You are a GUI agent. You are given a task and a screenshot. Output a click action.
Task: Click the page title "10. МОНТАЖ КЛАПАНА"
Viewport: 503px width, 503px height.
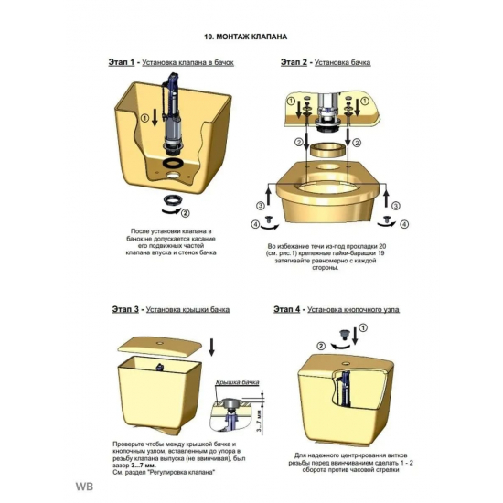point(246,37)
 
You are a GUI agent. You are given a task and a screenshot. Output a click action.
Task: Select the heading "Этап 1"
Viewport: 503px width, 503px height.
point(122,62)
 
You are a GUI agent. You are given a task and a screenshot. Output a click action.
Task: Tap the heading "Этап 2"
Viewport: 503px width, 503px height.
point(294,62)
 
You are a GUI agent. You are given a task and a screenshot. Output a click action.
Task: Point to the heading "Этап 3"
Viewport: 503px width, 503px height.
point(125,309)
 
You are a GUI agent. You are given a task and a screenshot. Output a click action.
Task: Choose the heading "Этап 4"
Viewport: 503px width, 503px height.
point(287,309)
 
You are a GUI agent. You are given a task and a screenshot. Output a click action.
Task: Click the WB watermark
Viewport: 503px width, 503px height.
point(84,487)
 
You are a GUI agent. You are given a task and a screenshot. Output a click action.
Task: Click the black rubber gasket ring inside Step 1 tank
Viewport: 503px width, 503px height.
point(173,163)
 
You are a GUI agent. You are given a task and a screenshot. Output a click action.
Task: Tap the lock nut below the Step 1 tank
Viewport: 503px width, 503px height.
point(173,199)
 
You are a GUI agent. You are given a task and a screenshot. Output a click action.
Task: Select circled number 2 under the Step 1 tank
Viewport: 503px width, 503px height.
point(186,213)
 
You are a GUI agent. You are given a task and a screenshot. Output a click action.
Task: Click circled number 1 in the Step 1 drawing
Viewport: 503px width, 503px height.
point(145,118)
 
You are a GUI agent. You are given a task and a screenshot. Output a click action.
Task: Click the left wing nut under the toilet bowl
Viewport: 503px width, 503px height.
point(269,219)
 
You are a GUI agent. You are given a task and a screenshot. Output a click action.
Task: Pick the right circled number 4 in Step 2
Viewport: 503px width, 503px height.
point(404,224)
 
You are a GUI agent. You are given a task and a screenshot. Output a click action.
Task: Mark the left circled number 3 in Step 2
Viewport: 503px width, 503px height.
point(260,206)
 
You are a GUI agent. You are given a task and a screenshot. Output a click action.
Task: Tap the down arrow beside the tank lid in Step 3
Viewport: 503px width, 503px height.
point(211,347)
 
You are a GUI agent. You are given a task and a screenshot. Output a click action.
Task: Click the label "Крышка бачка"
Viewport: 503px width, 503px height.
point(237,382)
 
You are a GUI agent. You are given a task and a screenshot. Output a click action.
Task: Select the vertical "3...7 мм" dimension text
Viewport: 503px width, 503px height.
point(259,421)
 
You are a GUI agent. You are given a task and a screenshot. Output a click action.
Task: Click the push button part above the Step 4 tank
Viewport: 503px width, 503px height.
point(345,335)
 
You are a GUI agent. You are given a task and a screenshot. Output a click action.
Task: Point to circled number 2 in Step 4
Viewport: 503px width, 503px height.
point(321,346)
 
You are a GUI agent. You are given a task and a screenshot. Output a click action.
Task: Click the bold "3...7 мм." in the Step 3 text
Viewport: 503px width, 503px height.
point(144,466)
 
